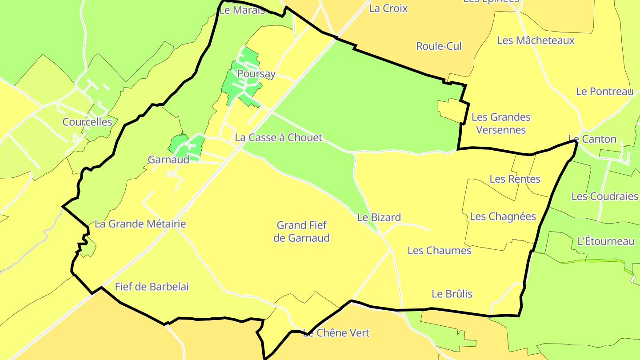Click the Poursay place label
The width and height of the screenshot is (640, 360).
coord(256,74)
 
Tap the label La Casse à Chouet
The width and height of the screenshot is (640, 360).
coord(278,138)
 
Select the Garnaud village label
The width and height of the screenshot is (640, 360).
coord(168,160)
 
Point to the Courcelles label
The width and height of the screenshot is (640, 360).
coord(87,122)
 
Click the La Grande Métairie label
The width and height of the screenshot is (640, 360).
coord(140,224)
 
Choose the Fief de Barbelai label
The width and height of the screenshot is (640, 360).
coord(152,287)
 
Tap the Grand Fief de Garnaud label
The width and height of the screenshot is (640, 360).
coord(301,232)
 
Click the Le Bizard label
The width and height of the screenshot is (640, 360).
coord(379,217)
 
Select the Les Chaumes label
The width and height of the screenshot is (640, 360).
coord(439,251)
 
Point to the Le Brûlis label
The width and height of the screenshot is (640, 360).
coord(452,294)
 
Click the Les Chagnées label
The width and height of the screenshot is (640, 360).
coord(503,216)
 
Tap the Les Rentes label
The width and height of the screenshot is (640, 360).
coord(515,179)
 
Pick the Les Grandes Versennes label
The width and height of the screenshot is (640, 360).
coord(501,124)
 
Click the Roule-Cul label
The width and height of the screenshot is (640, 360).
coord(439,46)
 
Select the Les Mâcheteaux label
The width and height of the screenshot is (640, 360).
coord(536,40)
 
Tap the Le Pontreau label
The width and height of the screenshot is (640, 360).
coord(604,92)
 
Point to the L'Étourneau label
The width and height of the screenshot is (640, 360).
coord(605,242)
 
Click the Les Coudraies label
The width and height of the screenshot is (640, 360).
coord(604,196)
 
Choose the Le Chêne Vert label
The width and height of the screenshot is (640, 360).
coord(336,333)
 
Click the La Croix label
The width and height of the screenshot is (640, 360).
coord(388,8)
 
